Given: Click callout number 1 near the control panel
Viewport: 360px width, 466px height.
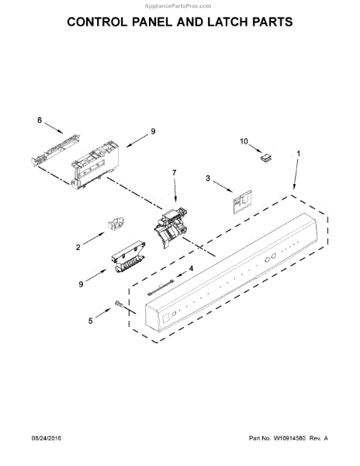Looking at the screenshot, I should (x=298, y=153).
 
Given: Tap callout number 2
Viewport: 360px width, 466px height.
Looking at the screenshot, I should (x=78, y=248).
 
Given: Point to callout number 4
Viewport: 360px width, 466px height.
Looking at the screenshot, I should (x=192, y=269).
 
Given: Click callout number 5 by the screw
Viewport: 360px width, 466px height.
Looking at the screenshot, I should (x=89, y=318).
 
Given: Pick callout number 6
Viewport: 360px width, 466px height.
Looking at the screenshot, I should (x=39, y=120).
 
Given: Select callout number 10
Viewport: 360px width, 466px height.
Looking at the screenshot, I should (x=243, y=141).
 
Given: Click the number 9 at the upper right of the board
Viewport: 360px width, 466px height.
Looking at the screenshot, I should (x=154, y=130).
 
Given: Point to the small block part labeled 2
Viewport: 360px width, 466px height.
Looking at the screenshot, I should (x=115, y=226).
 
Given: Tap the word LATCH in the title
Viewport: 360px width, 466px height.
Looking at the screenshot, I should (x=235, y=23).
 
